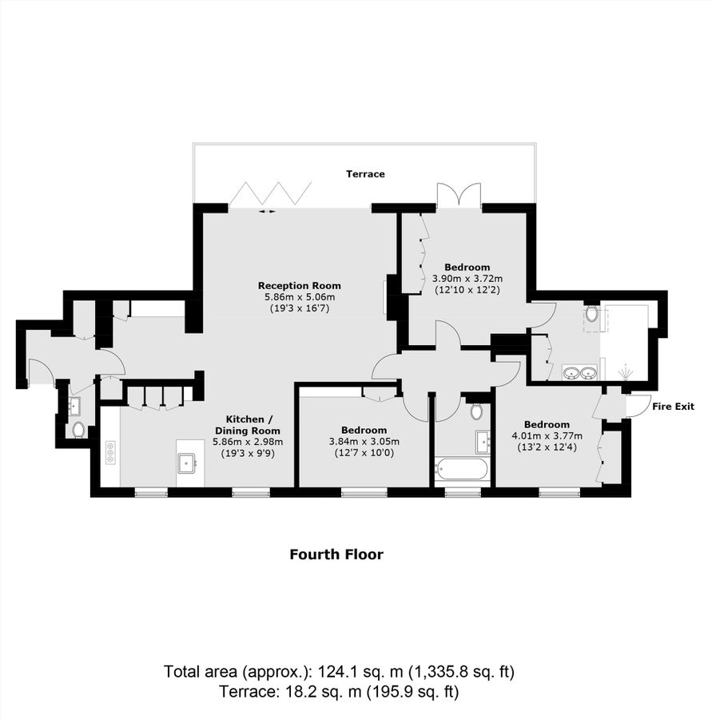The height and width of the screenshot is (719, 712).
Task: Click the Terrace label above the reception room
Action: point(365,173)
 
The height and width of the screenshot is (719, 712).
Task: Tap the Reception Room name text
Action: point(299,285)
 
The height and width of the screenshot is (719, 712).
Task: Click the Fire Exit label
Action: point(673,407)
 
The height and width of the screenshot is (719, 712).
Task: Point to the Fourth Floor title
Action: point(336,554)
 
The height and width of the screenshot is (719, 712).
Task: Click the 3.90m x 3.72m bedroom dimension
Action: point(467,278)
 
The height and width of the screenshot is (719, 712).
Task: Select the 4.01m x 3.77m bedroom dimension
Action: point(547,435)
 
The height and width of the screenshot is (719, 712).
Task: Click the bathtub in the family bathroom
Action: point(460,468)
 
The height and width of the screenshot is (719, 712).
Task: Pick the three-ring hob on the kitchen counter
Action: point(109,452)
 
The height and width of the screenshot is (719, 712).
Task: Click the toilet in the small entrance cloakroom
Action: point(78,430)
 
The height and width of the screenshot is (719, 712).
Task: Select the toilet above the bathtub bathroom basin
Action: point(476,411)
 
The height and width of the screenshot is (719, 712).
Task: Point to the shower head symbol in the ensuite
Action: point(624,372)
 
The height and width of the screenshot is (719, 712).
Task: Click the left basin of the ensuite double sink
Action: point(571,371)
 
